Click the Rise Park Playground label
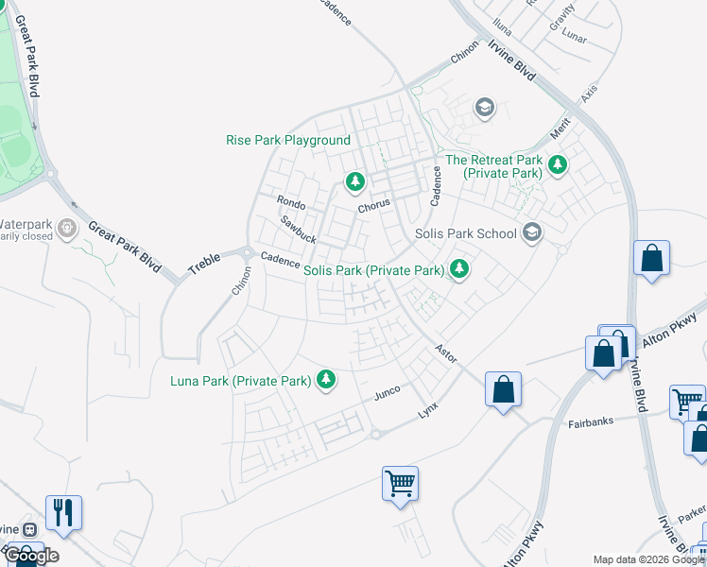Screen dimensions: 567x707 (288, 140)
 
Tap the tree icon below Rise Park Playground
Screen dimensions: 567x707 (354, 180)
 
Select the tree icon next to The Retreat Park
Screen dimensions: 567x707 (558, 165)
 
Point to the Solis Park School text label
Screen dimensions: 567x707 (466, 233)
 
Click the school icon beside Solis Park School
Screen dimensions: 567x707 (532, 232)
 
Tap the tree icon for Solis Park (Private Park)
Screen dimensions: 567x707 (459, 270)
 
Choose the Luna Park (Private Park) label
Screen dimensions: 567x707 (241, 381)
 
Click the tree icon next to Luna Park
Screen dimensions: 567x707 (326, 380)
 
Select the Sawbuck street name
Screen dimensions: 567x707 (298, 230)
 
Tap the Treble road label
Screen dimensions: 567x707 (204, 263)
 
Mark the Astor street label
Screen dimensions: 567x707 (445, 352)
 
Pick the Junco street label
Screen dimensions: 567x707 (388, 392)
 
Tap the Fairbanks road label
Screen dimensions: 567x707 (593, 423)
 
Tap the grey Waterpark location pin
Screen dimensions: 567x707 (66, 229)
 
